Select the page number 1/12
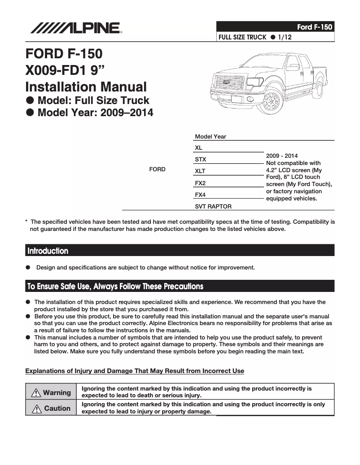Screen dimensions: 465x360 (285, 37)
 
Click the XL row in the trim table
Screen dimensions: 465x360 (198, 148)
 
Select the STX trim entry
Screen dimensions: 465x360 (201, 159)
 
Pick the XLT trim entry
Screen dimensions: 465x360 (200, 171)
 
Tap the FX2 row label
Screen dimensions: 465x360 (200, 183)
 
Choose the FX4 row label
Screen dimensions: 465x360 (200, 195)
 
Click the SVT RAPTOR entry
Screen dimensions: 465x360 (213, 207)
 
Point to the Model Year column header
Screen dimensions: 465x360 (211, 136)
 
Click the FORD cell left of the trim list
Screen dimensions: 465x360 (157, 169)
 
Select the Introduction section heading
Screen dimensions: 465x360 (48, 251)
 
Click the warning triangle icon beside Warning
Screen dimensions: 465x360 (36, 393)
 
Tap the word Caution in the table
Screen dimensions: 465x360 (57, 409)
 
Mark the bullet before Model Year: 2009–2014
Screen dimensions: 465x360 (30, 113)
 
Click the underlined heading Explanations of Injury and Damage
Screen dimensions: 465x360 (135, 371)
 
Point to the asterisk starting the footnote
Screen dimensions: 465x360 (27, 222)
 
